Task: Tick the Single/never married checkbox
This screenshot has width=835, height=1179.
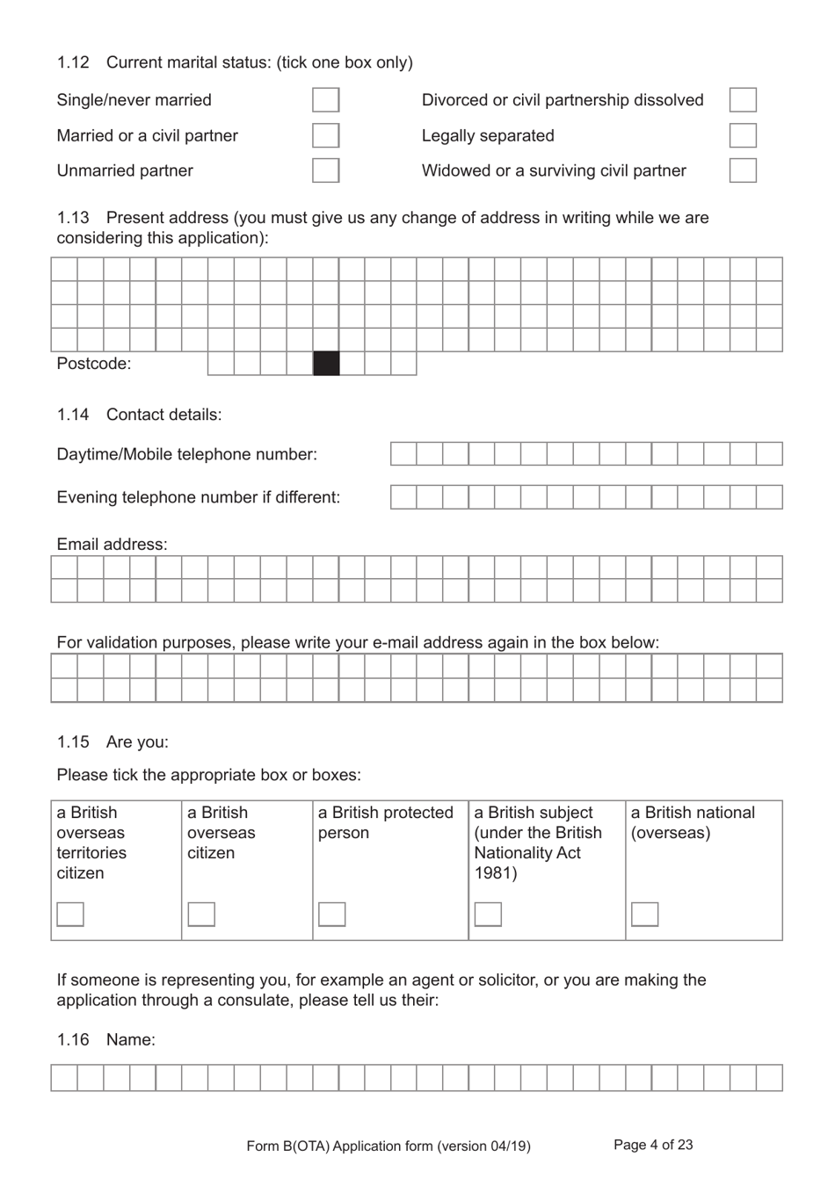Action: point(325,100)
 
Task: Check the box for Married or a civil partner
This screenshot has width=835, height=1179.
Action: point(325,135)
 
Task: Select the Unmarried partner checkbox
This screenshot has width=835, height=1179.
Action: point(325,170)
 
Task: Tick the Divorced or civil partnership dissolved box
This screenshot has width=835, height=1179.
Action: point(743,100)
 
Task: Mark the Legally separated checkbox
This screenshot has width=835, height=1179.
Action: point(743,135)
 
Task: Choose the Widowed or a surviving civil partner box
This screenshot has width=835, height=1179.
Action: point(743,170)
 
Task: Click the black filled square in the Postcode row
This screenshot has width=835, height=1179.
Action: point(326,364)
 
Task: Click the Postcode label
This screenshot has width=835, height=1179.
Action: point(93,364)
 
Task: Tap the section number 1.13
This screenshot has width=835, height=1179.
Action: point(73,218)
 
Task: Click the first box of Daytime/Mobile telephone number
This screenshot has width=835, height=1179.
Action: point(403,454)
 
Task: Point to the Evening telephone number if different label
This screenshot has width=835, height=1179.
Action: point(198,497)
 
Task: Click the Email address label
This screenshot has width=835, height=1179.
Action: point(112,545)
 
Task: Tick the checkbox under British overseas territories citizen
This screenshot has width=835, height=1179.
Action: point(70,914)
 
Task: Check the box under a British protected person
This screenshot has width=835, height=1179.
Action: point(331,914)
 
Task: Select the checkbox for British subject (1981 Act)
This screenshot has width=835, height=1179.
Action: point(488,914)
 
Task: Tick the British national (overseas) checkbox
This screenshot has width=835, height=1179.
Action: point(644,914)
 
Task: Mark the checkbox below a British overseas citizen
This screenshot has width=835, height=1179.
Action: point(201,914)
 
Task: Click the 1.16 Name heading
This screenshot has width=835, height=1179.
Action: point(105,1040)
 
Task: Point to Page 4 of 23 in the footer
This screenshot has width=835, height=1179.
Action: point(653,1145)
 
